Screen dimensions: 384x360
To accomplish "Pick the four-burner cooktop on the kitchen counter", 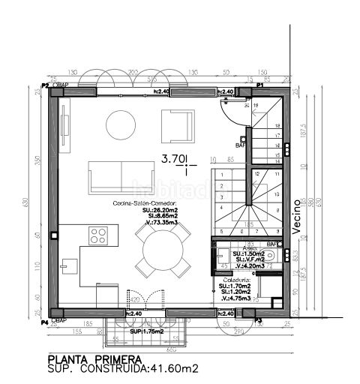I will (x=98, y=235).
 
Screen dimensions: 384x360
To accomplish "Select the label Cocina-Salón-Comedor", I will (x=145, y=203).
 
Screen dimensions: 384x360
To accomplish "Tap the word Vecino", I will (x=297, y=212).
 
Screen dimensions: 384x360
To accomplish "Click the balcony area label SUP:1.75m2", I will (x=145, y=331).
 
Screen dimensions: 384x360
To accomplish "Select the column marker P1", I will (x=259, y=86).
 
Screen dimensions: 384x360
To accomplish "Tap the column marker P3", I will (x=259, y=320).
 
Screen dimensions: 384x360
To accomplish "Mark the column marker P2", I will (x=45, y=86).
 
